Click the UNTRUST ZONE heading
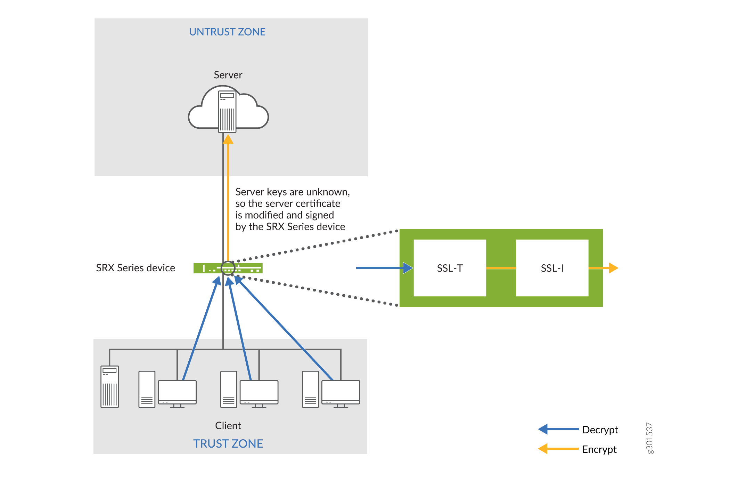227,32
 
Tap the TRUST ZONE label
228,444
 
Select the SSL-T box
450,268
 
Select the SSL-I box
552,268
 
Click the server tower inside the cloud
227,111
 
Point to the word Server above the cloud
228,75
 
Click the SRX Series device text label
136,268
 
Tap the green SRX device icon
208,268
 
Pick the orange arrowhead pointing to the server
228,139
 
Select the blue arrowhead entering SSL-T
408,268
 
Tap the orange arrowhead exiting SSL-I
613,268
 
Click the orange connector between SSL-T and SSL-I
501,268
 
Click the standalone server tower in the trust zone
109,386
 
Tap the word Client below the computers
228,426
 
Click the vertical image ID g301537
649,438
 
